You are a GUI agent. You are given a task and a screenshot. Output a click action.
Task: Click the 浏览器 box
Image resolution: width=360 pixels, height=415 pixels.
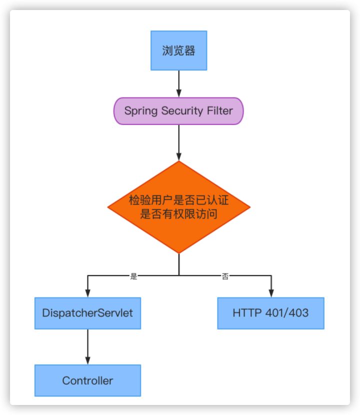(178, 50)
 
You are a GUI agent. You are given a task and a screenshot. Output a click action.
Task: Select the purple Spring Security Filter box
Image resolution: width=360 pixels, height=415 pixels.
(178, 110)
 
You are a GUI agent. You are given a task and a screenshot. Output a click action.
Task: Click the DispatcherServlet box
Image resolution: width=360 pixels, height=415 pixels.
(87, 313)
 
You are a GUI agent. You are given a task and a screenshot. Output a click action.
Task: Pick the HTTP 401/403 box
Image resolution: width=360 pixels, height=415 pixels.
(270, 313)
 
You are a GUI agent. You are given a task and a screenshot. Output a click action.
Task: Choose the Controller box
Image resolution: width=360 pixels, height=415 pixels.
(87, 380)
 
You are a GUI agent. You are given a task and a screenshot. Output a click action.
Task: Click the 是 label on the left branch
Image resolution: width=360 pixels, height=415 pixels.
(133, 276)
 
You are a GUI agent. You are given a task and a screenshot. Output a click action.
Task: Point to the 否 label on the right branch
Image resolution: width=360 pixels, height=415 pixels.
(225, 276)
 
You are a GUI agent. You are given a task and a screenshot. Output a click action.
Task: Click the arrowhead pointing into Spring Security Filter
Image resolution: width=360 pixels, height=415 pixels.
(178, 93)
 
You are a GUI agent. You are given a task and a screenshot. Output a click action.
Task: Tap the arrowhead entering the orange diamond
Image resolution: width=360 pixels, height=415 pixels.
(178, 156)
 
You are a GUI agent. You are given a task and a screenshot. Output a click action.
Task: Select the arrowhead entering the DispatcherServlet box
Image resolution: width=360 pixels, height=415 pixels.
(87, 293)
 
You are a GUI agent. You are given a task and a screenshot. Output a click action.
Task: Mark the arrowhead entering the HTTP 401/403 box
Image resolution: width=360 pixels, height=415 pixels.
(271, 293)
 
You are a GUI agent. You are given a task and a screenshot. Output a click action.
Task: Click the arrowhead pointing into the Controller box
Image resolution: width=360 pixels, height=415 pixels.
(87, 360)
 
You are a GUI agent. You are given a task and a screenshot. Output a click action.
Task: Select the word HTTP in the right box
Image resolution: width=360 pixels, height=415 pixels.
(247, 313)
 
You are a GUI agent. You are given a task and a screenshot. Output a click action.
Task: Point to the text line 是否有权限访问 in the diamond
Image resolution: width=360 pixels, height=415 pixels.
(178, 213)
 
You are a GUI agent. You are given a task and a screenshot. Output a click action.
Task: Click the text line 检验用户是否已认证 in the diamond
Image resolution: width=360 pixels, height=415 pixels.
(178, 200)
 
